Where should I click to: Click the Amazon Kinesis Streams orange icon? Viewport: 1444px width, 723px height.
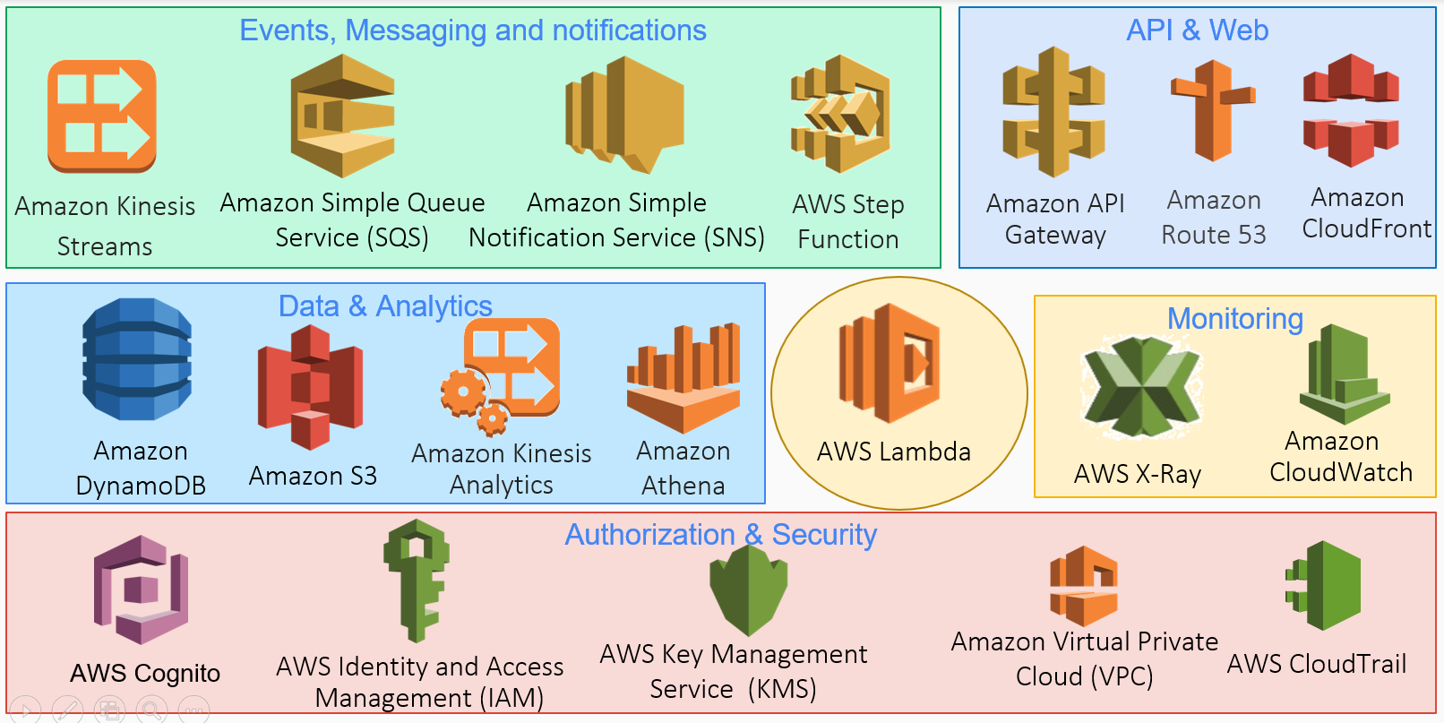[102, 116]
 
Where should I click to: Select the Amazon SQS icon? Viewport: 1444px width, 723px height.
[342, 116]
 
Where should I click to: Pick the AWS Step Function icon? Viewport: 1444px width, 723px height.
[840, 114]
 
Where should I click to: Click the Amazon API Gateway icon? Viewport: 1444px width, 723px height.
[1053, 112]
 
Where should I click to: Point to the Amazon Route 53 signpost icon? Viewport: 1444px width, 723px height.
[1213, 110]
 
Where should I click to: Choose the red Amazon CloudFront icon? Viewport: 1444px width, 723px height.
[1351, 110]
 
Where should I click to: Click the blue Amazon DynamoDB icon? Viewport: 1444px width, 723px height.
[137, 359]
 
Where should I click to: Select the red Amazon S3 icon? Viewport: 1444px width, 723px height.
[310, 387]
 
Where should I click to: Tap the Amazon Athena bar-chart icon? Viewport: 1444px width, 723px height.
[683, 377]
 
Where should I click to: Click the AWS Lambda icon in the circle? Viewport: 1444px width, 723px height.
[890, 363]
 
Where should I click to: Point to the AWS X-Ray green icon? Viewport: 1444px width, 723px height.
[1141, 387]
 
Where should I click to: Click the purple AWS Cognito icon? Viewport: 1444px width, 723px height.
[142, 590]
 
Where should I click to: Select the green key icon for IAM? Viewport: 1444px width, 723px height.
[417, 580]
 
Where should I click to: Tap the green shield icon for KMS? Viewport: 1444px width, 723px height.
[748, 591]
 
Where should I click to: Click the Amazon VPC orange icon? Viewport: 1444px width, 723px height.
[1084, 586]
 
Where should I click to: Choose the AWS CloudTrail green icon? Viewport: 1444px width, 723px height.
[1325, 585]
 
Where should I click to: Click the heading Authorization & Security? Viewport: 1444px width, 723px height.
[720, 535]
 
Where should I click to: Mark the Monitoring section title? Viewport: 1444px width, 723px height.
[1234, 319]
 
